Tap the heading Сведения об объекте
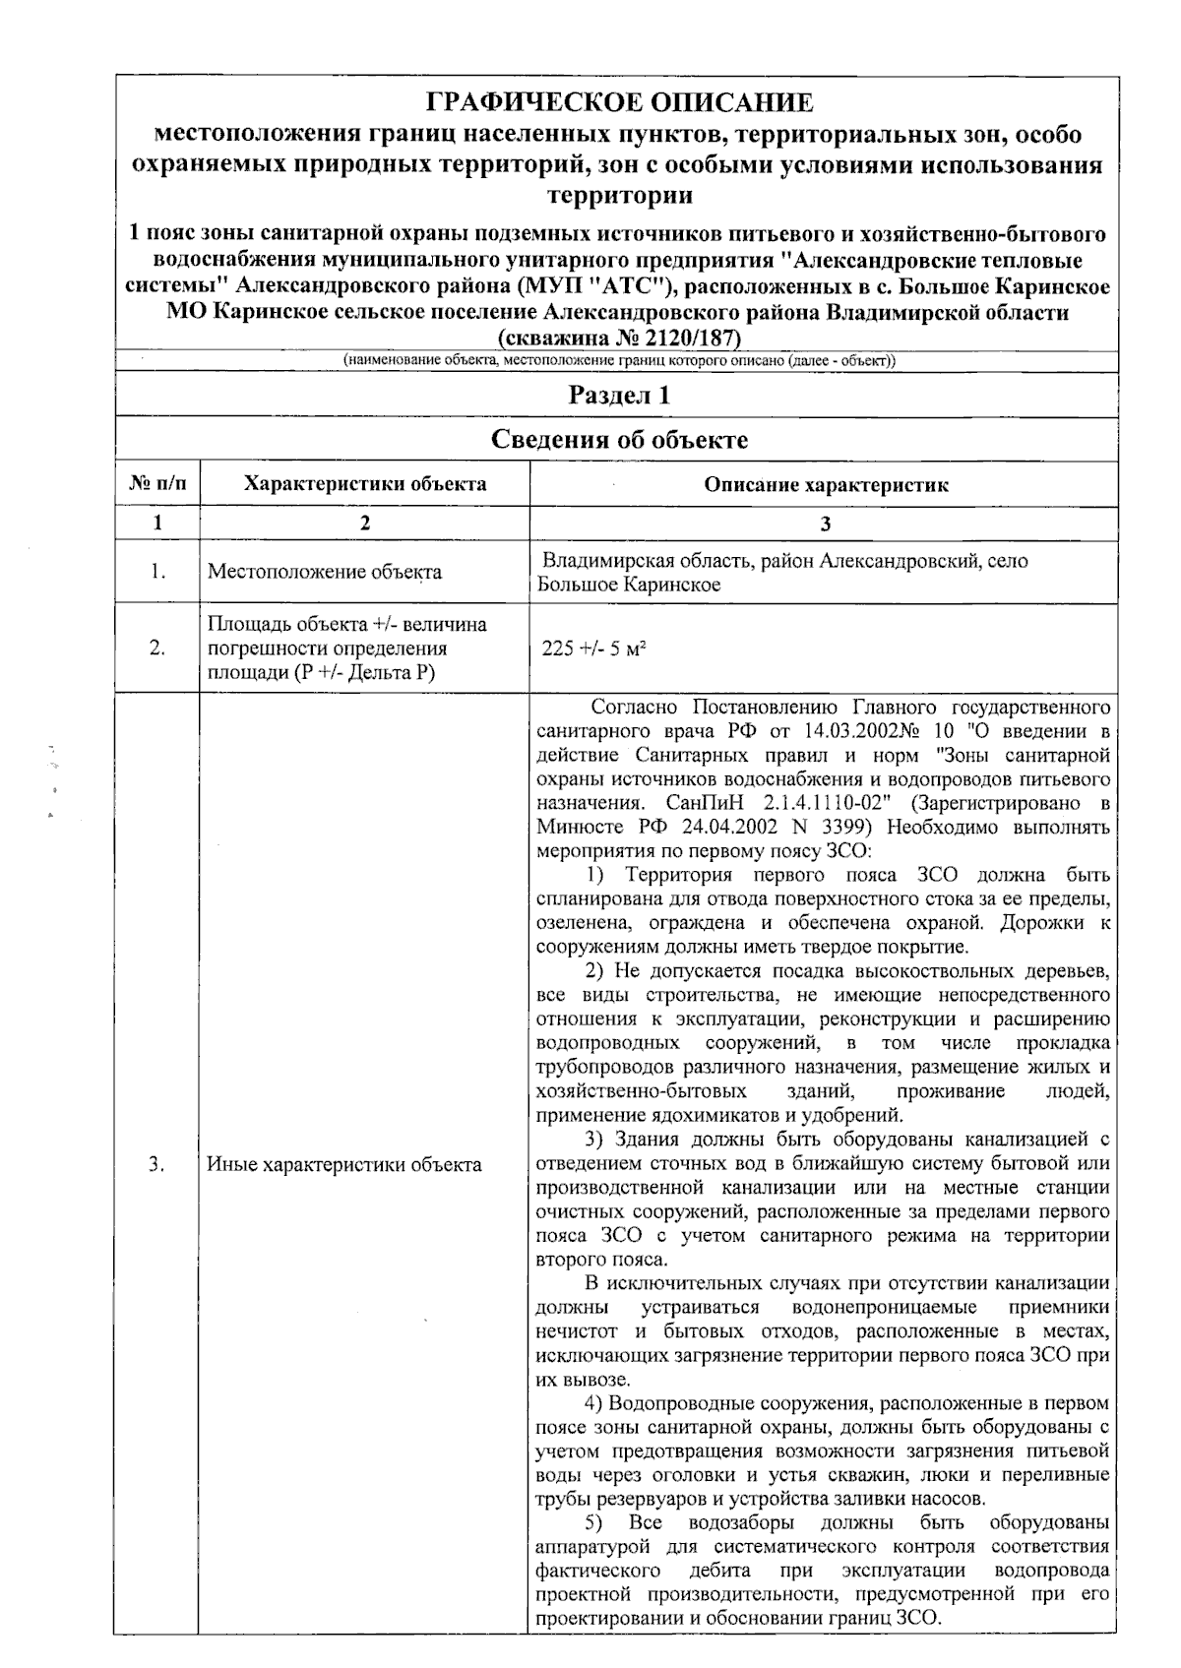tap(619, 439)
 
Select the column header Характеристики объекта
tap(364, 484)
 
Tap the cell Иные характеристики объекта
tap(344, 1165)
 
